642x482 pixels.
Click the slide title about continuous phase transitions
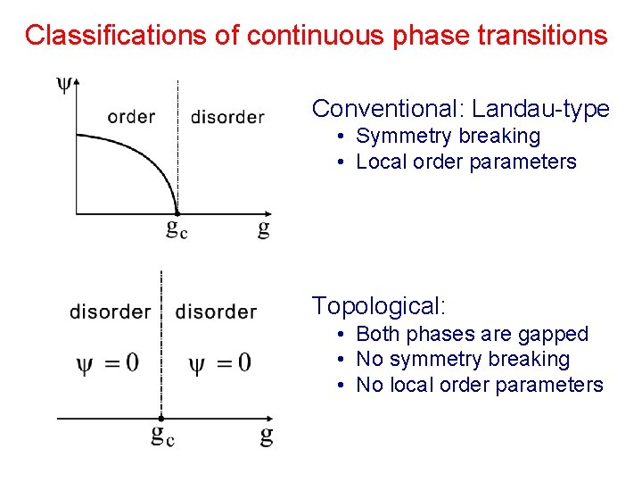point(317,36)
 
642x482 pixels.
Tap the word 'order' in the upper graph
point(131,116)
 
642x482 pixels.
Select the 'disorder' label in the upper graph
point(227,117)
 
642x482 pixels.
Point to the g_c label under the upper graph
point(177,230)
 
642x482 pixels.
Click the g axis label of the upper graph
point(263,229)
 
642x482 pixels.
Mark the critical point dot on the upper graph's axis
point(177,213)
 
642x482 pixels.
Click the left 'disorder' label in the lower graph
point(110,312)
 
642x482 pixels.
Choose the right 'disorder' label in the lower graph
point(216,312)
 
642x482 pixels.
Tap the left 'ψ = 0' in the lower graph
point(108,362)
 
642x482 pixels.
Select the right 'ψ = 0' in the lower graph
point(219,362)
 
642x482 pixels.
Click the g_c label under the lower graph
point(161,436)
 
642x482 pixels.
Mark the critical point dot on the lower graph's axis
point(160,418)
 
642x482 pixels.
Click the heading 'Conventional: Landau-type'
point(460,109)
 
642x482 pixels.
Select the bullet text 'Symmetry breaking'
point(448,136)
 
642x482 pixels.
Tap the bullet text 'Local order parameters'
point(465,162)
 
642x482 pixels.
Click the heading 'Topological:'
point(378,306)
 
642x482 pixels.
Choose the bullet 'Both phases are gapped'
point(472,334)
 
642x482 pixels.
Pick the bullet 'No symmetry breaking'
point(462,359)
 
